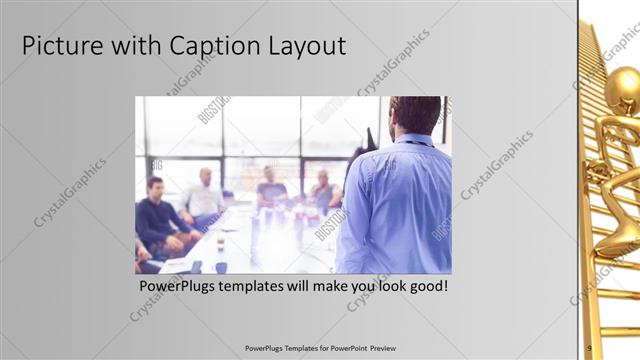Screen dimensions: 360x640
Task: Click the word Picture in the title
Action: point(62,46)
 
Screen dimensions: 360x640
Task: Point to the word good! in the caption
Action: point(426,286)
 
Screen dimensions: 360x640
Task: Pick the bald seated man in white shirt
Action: point(204,195)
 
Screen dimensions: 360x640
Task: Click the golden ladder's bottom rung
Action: point(617,331)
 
